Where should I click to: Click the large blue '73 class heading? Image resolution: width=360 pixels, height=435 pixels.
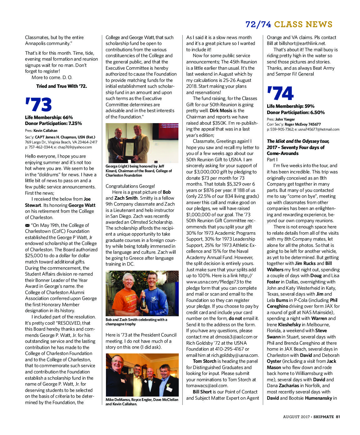tap(38, 105)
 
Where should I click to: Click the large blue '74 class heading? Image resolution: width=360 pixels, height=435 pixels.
tap(280, 93)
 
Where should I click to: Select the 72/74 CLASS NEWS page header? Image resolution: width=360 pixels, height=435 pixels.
tap(289, 24)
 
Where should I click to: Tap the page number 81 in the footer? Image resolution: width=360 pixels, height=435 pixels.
tap(338, 417)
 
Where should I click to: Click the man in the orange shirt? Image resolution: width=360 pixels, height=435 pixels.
tap(125, 294)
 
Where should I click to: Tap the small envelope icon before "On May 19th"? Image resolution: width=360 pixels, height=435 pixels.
tap(27, 225)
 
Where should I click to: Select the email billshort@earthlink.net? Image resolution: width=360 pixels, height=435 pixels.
tap(302, 43)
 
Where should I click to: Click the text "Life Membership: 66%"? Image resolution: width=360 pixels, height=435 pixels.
tap(49, 117)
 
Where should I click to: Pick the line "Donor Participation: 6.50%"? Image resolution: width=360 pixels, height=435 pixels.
tap(296, 112)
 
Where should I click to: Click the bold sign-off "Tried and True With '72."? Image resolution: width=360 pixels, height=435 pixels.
tap(62, 86)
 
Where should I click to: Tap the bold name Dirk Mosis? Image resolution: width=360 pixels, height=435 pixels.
tap(221, 111)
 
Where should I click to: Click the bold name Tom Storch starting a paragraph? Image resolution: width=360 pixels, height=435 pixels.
tap(205, 361)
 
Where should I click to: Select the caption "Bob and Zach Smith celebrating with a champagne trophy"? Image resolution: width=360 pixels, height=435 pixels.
tap(136, 322)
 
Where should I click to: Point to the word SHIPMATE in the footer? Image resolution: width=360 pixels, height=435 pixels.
tap(323, 417)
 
